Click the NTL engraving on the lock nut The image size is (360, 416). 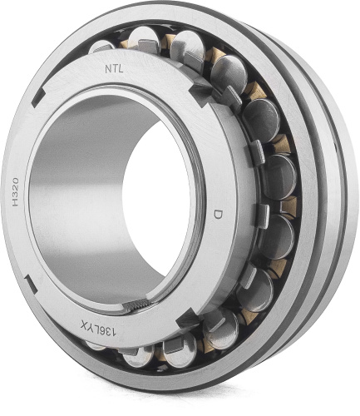pos(114,69)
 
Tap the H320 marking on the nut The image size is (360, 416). pos(15,191)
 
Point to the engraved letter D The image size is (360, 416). pos(219,215)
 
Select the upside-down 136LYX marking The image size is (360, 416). pos(99,328)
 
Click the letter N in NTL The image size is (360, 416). pos(108,70)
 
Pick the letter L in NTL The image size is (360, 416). pos(121,69)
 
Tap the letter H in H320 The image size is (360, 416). pos(16,202)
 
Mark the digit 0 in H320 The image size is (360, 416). pos(15,181)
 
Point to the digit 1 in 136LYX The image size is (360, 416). pos(115,333)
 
